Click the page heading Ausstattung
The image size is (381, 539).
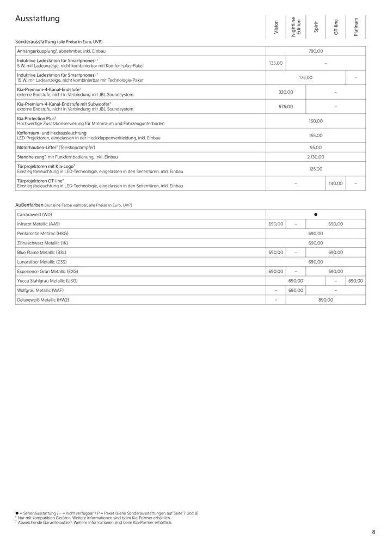pos(38,19)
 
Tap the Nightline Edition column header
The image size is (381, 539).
pos(296,27)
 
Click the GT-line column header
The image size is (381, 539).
pos(336,28)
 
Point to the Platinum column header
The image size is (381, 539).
pos(356,27)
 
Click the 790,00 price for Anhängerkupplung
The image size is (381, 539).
pos(316,51)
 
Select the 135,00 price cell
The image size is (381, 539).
pos(276,63)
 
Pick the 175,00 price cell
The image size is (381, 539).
pos(306,77)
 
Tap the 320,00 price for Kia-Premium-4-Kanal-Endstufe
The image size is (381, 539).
pos(286,92)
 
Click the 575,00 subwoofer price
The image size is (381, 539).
pos(286,107)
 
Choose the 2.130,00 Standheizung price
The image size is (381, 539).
pos(316,157)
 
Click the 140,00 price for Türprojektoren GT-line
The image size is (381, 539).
pos(336,183)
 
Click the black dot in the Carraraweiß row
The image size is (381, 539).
pos(316,215)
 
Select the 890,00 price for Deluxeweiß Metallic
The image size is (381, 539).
pos(325,299)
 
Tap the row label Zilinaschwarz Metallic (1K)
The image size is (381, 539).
pos(42,243)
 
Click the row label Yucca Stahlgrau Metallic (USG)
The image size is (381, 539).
pos(47,280)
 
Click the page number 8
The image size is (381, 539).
pos(374,531)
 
